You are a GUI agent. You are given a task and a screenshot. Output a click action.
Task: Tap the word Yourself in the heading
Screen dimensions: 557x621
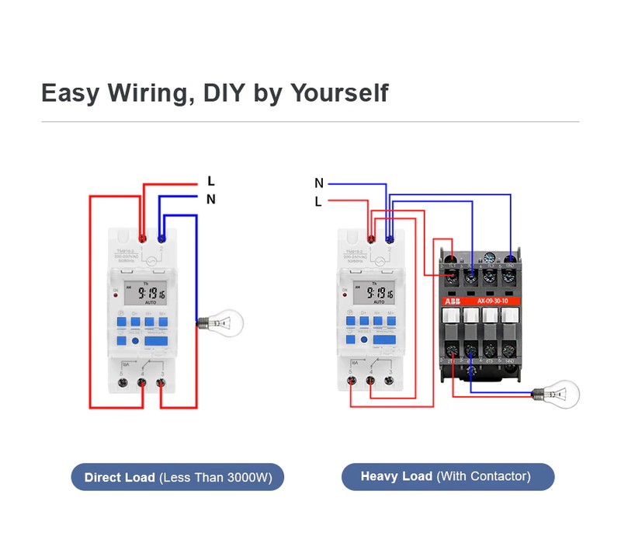click(x=338, y=93)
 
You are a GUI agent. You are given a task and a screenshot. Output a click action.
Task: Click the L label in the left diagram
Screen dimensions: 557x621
click(x=210, y=182)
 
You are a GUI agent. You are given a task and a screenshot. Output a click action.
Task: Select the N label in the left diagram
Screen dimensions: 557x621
click(x=210, y=200)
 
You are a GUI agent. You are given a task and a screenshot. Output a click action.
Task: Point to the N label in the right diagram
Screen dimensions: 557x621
click(x=319, y=183)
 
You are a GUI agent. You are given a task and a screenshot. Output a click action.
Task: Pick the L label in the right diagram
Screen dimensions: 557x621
click(x=318, y=202)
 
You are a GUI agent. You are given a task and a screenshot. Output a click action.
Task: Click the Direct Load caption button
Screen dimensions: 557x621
click(x=178, y=477)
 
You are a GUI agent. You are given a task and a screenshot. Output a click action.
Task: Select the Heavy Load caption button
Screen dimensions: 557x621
click(x=448, y=476)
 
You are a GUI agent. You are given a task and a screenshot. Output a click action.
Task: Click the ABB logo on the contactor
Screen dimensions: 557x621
click(x=452, y=301)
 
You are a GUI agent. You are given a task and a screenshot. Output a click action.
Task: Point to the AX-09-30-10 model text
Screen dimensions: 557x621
click(x=493, y=301)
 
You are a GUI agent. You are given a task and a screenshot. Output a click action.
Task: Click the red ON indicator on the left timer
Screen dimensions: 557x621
click(x=115, y=296)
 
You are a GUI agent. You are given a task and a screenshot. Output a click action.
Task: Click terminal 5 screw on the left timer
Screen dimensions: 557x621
click(x=123, y=382)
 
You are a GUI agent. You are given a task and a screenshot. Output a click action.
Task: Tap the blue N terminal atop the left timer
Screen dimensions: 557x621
click(x=161, y=238)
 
